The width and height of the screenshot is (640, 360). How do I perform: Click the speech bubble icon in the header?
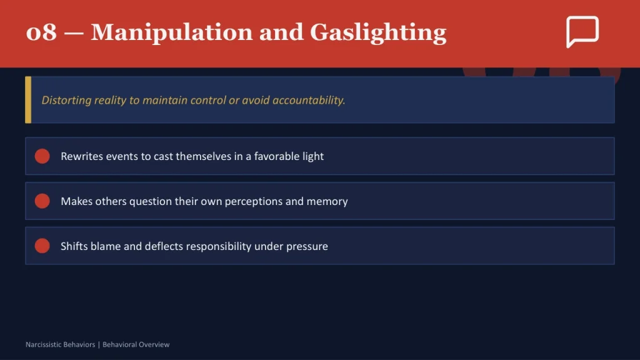582,31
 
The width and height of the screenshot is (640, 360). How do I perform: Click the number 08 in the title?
41,32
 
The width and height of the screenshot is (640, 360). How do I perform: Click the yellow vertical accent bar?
28,100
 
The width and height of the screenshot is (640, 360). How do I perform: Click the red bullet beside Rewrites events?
42,156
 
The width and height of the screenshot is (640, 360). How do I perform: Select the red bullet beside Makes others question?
42,201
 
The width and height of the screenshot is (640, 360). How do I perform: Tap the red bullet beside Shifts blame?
42,246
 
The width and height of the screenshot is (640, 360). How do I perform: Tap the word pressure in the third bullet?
307,246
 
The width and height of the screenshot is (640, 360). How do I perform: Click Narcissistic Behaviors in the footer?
61,344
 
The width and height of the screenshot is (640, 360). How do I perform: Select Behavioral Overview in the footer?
136,344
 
